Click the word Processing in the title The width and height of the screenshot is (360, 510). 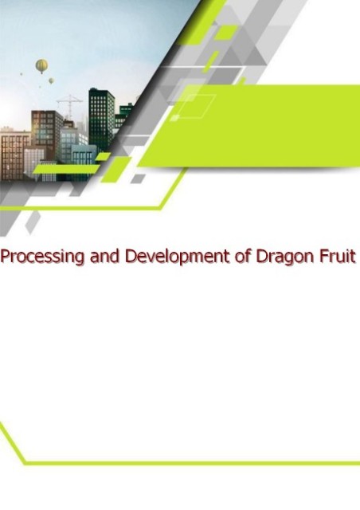42,257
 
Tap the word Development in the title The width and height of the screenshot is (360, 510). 177,257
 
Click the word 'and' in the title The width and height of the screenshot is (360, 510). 104,256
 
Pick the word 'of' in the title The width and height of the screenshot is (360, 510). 242,256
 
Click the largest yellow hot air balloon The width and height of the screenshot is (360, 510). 41,66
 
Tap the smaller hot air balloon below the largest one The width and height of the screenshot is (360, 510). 51,80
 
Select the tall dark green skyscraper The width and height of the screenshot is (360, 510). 101,119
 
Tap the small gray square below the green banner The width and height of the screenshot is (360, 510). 138,178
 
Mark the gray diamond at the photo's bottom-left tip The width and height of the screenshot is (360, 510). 33,222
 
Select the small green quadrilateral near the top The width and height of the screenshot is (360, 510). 226,33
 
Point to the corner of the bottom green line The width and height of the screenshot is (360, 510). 25,462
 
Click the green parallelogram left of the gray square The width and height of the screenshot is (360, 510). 115,169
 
